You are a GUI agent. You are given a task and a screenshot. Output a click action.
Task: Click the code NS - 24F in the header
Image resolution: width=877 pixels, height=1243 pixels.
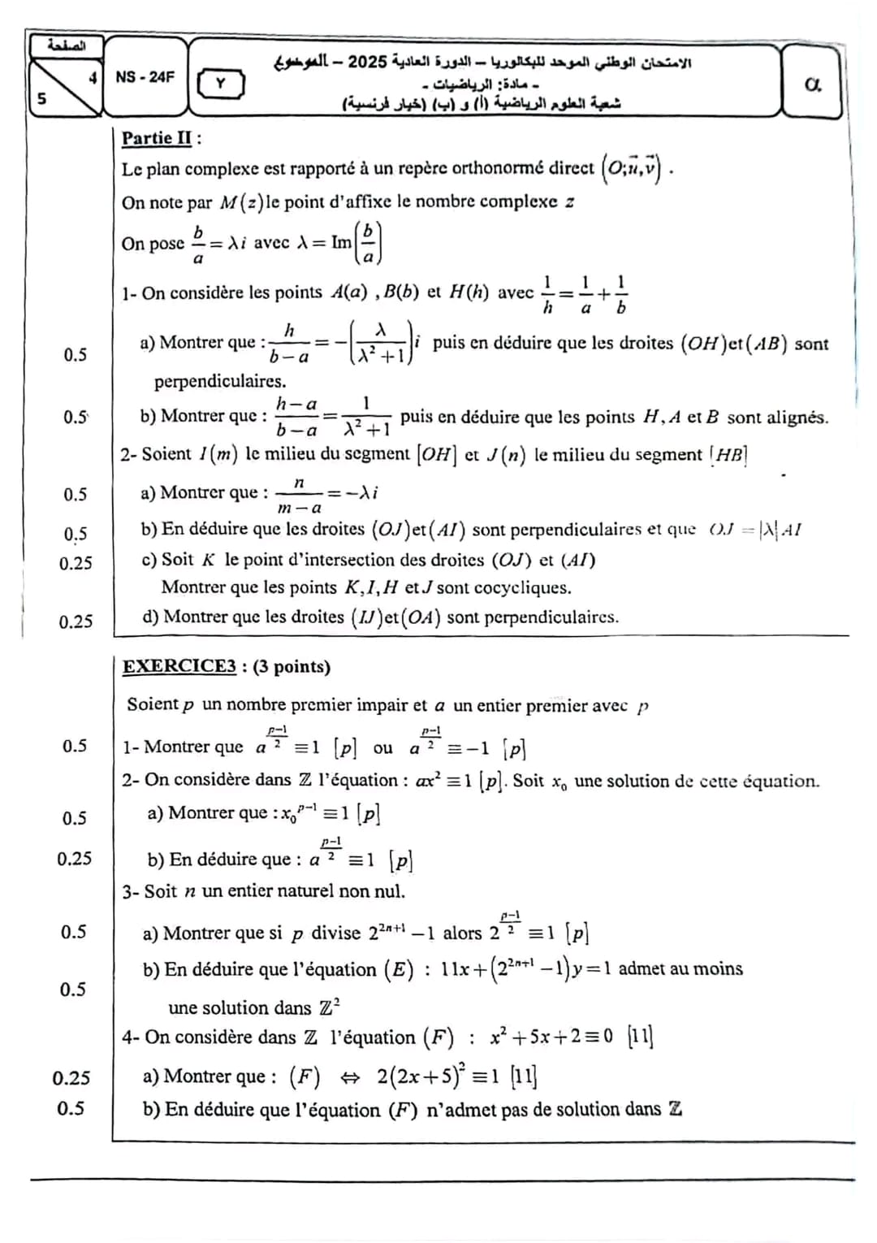coord(145,77)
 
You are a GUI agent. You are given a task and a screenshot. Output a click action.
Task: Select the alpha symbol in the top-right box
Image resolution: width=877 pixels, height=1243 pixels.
coord(811,84)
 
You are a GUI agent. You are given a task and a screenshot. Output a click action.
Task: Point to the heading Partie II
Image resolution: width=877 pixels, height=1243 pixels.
coord(158,138)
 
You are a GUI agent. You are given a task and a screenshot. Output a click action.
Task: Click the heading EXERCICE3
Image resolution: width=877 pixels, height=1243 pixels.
coord(179,667)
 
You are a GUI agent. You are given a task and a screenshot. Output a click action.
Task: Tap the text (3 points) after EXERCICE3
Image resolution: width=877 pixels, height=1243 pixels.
coord(292,667)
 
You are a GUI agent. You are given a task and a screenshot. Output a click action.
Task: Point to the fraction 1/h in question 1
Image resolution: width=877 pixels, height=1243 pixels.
coord(548,292)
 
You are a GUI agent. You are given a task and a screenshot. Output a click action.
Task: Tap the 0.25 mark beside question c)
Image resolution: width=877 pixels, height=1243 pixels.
coord(76,563)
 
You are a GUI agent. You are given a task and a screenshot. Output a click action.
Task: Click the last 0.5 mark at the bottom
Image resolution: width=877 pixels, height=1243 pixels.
coord(71,1108)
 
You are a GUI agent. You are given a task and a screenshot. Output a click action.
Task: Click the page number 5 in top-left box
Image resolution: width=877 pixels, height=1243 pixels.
coord(41,98)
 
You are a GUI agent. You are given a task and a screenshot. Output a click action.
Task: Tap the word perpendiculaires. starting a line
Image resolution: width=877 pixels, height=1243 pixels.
coord(220,380)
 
